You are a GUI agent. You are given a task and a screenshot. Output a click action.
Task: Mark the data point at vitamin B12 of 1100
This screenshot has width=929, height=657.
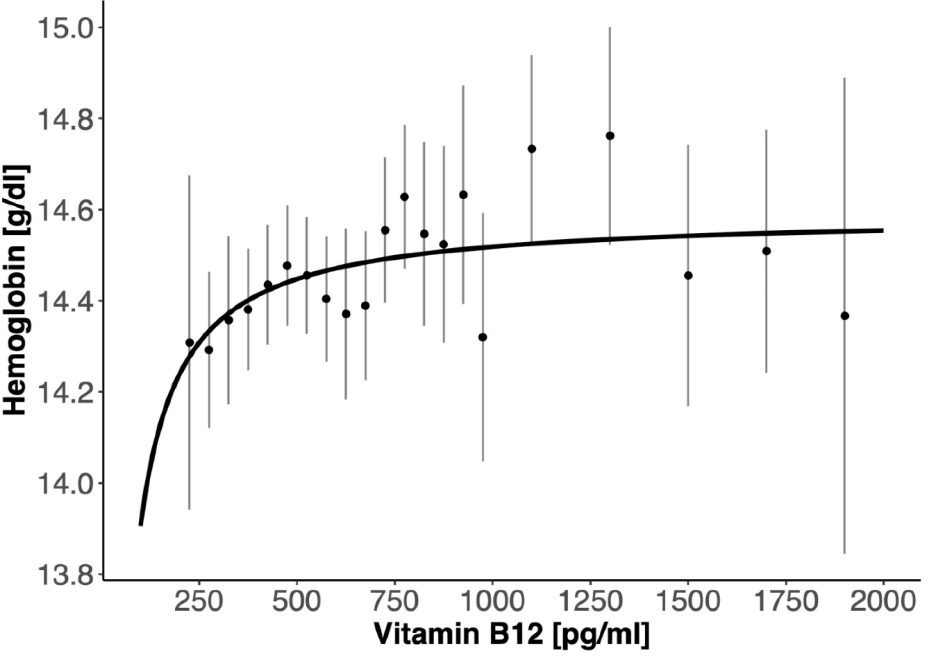[532, 149]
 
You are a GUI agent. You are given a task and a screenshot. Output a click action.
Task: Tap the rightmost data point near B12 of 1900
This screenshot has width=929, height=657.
[844, 316]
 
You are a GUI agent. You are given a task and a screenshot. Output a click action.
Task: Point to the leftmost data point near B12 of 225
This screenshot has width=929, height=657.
[189, 343]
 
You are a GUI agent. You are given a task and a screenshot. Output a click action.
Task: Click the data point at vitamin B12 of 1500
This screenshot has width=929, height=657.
[688, 276]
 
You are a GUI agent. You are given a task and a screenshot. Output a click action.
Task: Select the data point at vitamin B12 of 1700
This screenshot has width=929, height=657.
[766, 251]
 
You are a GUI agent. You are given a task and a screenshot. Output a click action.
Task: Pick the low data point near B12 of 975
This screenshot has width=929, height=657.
[483, 337]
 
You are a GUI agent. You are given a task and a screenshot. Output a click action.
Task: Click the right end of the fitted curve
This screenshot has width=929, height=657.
[883, 230]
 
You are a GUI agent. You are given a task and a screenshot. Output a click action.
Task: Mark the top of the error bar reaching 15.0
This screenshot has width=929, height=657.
[610, 28]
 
